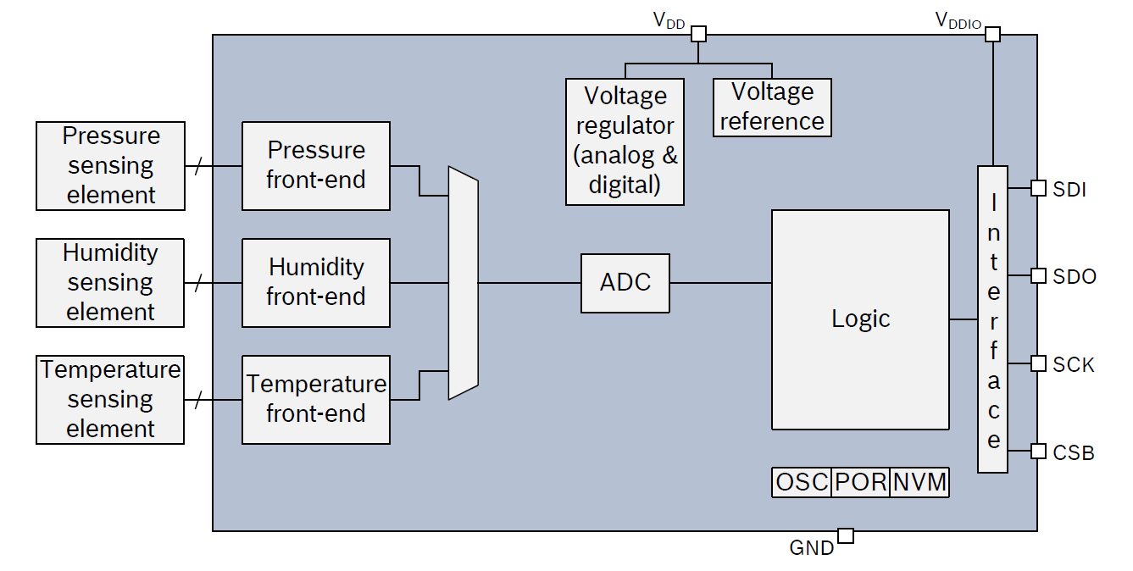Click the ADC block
(x=625, y=283)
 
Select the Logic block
(x=860, y=319)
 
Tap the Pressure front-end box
(x=316, y=166)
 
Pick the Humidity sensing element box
(x=110, y=283)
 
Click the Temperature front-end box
(x=316, y=400)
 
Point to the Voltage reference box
(x=772, y=108)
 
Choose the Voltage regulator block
(x=625, y=141)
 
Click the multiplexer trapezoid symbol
(x=463, y=283)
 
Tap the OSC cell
(x=802, y=482)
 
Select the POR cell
(x=860, y=482)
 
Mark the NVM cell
(x=919, y=482)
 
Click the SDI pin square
(x=1038, y=188)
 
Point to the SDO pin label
(x=1075, y=277)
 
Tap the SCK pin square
(x=1038, y=363)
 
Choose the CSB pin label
(x=1074, y=453)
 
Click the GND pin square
(x=845, y=535)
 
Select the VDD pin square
(x=698, y=34)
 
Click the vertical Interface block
(x=992, y=319)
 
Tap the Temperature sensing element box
(x=110, y=400)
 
